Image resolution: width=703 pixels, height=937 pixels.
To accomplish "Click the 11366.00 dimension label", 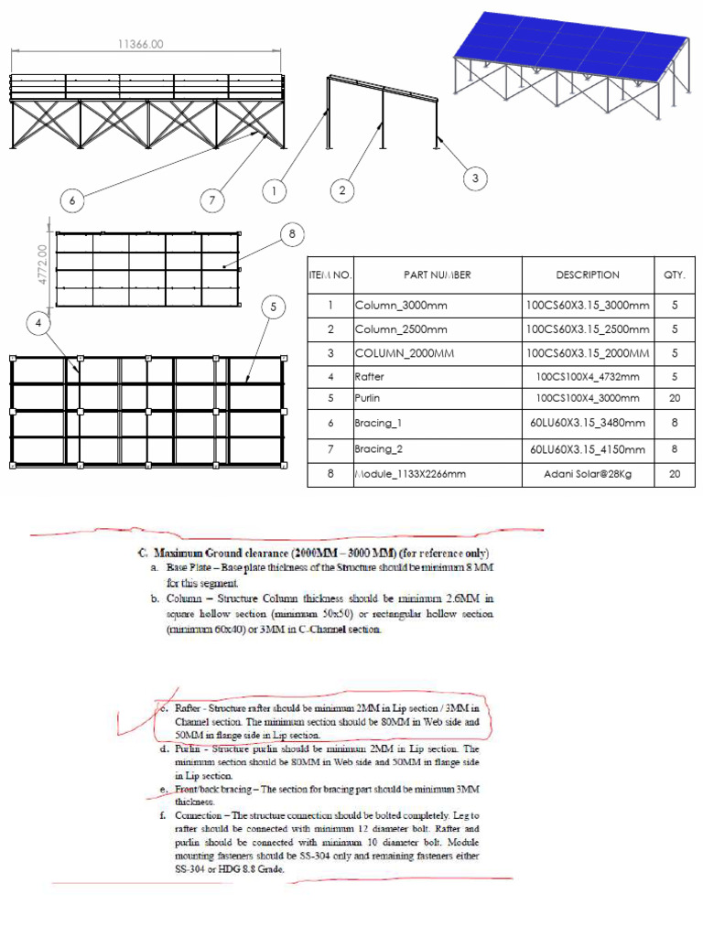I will [141, 43].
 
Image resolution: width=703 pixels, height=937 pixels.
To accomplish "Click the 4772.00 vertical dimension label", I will [41, 264].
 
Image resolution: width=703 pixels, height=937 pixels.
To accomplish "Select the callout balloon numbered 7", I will [213, 199].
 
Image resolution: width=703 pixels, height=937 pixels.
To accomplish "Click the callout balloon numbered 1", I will [273, 191].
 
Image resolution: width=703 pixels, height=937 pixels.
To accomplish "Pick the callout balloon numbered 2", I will [342, 190].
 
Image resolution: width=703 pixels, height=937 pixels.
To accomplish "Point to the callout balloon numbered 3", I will [475, 178].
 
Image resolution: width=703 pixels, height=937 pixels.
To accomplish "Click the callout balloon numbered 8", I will [292, 234].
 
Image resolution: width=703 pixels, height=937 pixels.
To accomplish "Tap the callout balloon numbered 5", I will [273, 307].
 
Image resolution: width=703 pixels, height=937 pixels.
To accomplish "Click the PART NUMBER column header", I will [437, 275].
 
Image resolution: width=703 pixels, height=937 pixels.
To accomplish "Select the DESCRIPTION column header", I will [587, 275].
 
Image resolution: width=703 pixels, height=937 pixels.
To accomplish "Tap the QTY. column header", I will [673, 275].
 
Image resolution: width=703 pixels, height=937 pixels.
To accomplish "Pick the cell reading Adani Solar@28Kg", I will [587, 474].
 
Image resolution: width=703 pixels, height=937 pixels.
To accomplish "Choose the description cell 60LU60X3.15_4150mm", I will [587, 449].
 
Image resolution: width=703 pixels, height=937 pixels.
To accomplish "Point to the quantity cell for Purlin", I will [674, 399].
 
